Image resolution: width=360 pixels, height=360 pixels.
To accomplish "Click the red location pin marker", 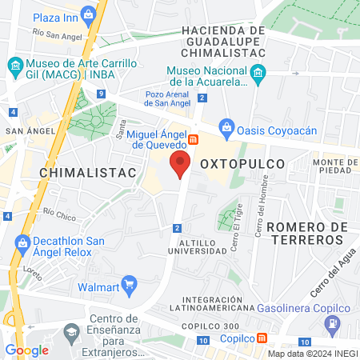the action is coord(180,164).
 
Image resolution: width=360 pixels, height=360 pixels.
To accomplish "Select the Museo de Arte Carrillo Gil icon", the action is coord(14,65).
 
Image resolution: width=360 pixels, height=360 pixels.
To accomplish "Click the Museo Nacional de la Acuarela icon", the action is coord(258,76).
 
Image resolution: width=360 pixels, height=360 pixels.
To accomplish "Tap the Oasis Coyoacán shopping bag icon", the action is coord(226,126).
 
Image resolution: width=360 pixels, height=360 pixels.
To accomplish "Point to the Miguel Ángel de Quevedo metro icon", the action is coord(193,140).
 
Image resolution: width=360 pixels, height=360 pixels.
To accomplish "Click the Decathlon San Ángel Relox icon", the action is coord(22,242).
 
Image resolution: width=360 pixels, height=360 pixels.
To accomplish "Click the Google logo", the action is coord(26,350).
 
